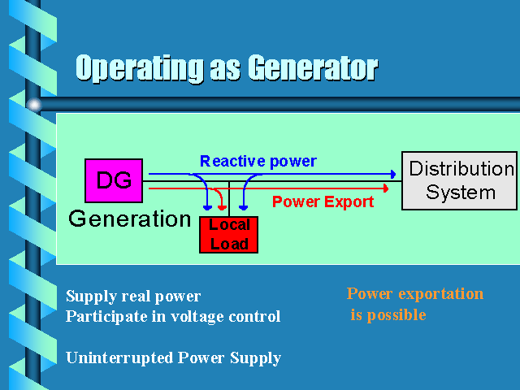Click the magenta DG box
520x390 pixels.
pyautogui.click(x=114, y=180)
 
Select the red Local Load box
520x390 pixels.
pyautogui.click(x=229, y=235)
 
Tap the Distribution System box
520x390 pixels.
pyautogui.click(x=460, y=180)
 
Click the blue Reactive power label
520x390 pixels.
pyautogui.click(x=258, y=161)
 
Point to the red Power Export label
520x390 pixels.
pyautogui.click(x=323, y=201)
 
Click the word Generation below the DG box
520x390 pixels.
pyautogui.click(x=130, y=219)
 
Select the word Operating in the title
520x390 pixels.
pyautogui.click(x=140, y=68)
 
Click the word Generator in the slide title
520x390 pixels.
pyautogui.click(x=313, y=68)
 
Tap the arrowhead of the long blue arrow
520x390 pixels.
pyautogui.click(x=393, y=174)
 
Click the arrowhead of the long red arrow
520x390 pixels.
pyautogui.click(x=386, y=188)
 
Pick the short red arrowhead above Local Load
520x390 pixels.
pyautogui.click(x=222, y=208)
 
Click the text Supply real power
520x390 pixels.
pyautogui.click(x=133, y=296)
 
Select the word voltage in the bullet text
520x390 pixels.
pyautogui.click(x=197, y=316)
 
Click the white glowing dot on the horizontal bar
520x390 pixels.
pyautogui.click(x=34, y=105)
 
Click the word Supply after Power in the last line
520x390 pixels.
pyautogui.click(x=255, y=358)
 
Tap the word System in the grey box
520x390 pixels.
pyautogui.click(x=461, y=193)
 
